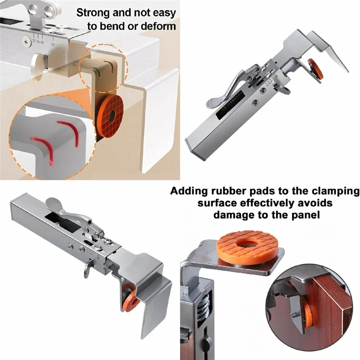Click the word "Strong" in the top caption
pos(93,13)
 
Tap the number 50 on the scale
pos(53,44)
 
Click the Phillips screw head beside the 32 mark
pos(26,42)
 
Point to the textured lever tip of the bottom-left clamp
pos(52,203)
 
